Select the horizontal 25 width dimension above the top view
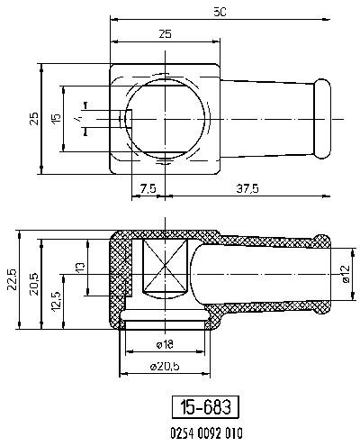pyautogui.click(x=165, y=33)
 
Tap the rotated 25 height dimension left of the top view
pyautogui.click(x=31, y=118)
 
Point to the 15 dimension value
pyautogui.click(x=56, y=118)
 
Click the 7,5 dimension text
pyautogui.click(x=150, y=189)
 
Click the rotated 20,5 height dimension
pyautogui.click(x=32, y=280)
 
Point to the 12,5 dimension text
pyautogui.click(x=57, y=300)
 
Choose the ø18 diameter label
pyautogui.click(x=165, y=345)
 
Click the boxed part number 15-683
pyautogui.click(x=205, y=406)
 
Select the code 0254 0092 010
pyautogui.click(x=205, y=432)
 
